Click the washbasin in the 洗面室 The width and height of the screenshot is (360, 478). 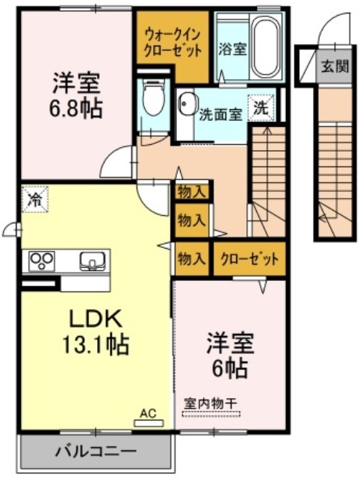click(x=187, y=103)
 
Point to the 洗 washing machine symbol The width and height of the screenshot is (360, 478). click(x=261, y=108)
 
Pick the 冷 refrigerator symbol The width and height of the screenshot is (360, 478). click(x=35, y=199)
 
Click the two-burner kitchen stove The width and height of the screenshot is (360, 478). click(x=42, y=261)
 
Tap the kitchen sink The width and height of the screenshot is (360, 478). click(x=92, y=261)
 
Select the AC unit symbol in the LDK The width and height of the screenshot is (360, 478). click(x=149, y=423)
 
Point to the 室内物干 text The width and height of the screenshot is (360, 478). click(x=211, y=404)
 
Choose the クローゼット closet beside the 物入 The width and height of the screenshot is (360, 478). click(x=249, y=259)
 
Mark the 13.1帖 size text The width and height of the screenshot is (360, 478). click(x=96, y=344)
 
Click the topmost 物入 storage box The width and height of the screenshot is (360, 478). click(x=191, y=193)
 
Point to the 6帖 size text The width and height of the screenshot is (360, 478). click(x=230, y=369)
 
